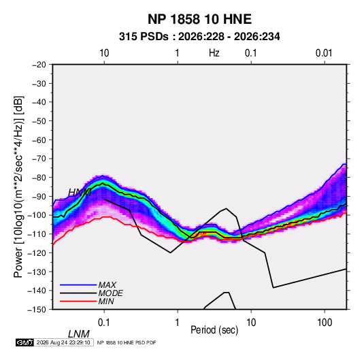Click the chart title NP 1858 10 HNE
pos(199,19)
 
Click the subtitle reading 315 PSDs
pos(144,37)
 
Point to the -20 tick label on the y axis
pos(39,65)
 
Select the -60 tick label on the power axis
pos(39,140)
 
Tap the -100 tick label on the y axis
pos(37,215)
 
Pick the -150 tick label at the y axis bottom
pos(37,310)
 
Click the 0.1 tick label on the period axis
pos(104,323)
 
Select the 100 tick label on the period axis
pos(325,323)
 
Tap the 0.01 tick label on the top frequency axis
pos(324,53)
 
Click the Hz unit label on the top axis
pos(214,53)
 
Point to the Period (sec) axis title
pos(214,330)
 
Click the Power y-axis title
pos(18,187)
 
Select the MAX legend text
pos(107,285)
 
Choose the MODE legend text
pos(110,293)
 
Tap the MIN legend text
pos(106,301)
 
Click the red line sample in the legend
pos(78,301)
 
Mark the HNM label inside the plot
pos(80,193)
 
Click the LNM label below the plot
pos(78,334)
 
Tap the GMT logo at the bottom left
pos(25,342)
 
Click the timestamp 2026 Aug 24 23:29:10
pos(63,342)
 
